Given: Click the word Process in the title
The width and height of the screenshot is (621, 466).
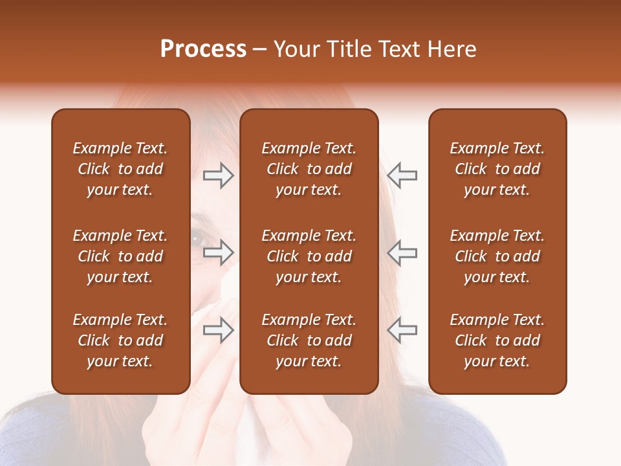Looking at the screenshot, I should click(203, 49).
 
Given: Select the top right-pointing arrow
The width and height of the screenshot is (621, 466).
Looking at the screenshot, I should click(219, 175).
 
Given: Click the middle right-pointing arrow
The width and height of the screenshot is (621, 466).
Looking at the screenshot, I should click(219, 252).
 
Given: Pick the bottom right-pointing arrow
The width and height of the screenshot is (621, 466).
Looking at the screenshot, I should click(219, 329).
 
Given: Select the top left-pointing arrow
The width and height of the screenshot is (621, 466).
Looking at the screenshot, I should click(402, 175).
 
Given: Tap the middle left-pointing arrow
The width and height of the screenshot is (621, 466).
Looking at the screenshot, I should click(402, 252).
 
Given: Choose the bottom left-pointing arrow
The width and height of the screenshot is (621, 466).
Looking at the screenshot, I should click(402, 329).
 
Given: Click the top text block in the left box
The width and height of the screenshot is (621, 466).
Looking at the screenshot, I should click(120, 169).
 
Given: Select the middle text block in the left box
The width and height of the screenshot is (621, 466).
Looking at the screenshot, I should click(120, 256).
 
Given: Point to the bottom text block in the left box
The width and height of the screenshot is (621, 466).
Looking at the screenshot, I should click(120, 340).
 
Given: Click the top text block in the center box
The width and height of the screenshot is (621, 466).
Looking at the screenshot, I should click(309, 169).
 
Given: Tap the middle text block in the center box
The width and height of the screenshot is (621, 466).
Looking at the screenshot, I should click(309, 256).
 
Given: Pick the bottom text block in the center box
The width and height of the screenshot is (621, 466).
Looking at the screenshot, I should click(309, 340).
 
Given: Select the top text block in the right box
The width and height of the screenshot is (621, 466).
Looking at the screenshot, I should click(497, 169).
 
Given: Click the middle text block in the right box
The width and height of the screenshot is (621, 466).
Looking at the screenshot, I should click(497, 256).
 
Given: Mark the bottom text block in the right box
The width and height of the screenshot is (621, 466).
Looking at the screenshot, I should click(497, 340).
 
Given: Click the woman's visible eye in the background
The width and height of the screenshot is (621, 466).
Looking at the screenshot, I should click(196, 240).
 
